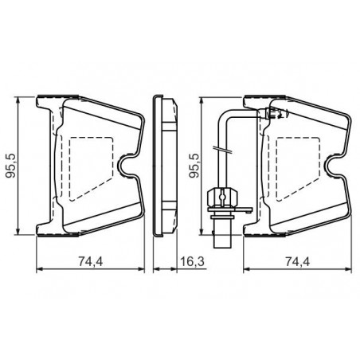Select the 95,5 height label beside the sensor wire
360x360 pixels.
pyautogui.click(x=194, y=166)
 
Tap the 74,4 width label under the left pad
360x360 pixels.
pyautogui.click(x=90, y=261)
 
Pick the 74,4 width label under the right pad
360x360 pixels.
pyautogui.click(x=297, y=261)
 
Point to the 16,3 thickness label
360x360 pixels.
pyautogui.click(x=193, y=261)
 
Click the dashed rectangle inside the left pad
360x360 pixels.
pyautogui.click(x=91, y=169)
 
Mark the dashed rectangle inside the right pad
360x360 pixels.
pyautogui.click(x=298, y=169)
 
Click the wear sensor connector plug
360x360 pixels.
pyautogui.click(x=222, y=198)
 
